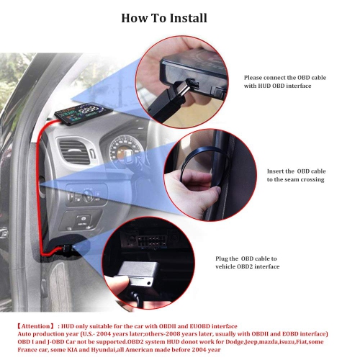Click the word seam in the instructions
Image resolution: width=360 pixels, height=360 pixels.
coord(276,179)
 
